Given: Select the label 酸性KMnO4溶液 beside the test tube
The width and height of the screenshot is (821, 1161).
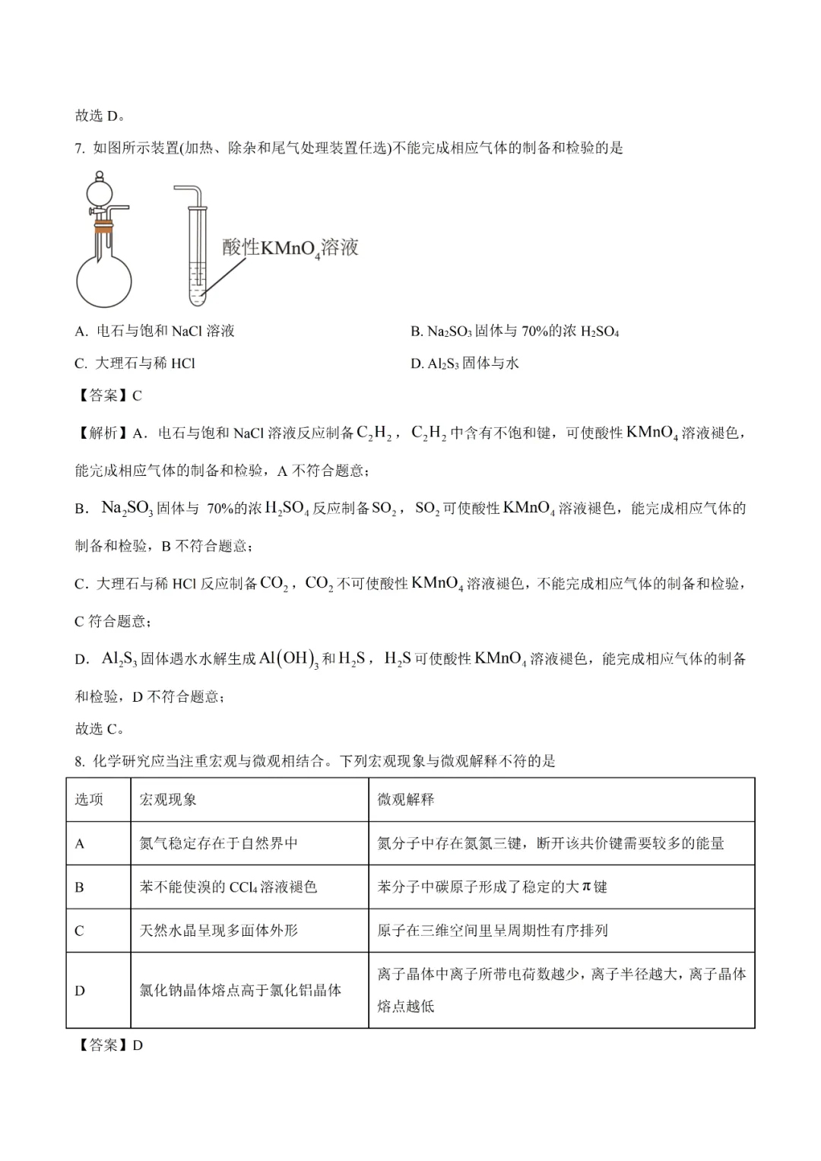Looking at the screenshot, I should click(290, 248).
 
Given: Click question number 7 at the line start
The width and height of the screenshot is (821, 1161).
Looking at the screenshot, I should click(80, 148).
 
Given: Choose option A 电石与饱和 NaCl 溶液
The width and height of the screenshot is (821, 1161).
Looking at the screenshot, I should click(155, 331).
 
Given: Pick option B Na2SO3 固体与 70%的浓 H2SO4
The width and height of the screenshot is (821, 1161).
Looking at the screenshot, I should click(515, 331).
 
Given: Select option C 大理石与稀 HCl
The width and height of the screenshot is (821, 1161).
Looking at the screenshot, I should click(135, 363).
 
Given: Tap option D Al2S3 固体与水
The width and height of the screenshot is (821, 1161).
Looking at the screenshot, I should click(464, 363).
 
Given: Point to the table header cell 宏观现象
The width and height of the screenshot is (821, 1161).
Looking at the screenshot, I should click(168, 799).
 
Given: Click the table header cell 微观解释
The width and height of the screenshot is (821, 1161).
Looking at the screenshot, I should click(406, 799).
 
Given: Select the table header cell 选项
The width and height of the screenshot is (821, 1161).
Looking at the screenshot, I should click(89, 799).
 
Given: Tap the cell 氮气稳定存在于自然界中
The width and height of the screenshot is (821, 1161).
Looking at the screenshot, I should click(219, 843).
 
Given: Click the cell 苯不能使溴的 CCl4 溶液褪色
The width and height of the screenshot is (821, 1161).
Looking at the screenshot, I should click(228, 887).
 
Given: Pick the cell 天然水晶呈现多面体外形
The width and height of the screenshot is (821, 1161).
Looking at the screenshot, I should click(219, 931).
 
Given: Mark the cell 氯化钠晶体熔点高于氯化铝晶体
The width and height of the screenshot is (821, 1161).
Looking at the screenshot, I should click(240, 990).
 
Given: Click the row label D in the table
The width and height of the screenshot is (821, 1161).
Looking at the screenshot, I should click(80, 990).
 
